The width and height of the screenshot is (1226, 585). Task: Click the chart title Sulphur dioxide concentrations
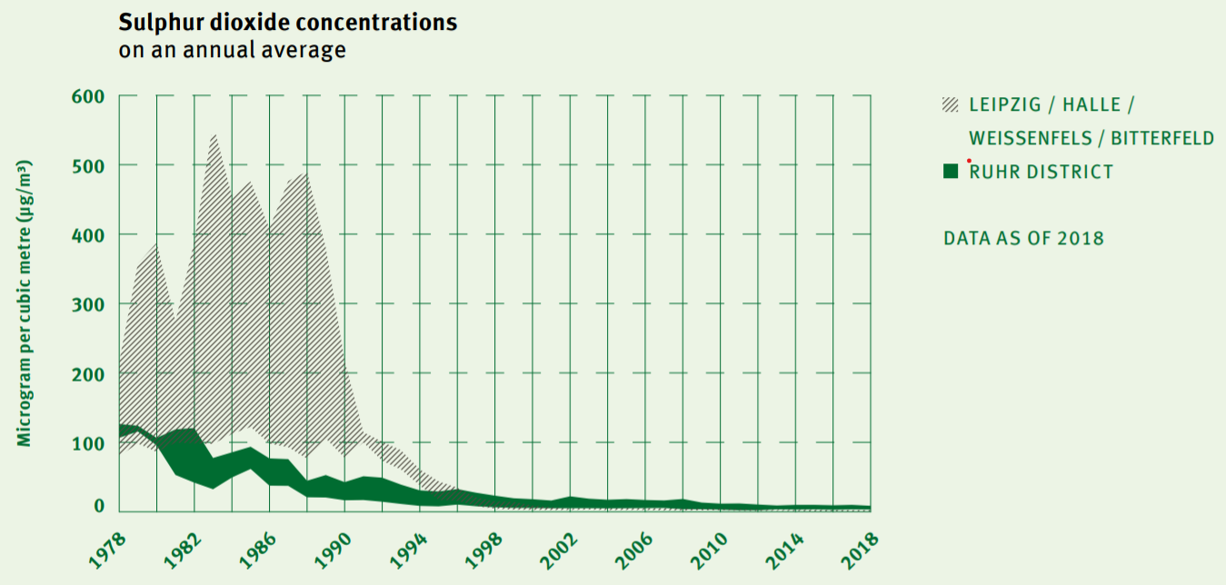tap(287, 23)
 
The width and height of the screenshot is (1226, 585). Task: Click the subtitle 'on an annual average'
tap(232, 50)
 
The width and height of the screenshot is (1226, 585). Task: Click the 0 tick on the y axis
tap(98, 507)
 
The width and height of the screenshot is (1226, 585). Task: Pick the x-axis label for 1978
tap(107, 550)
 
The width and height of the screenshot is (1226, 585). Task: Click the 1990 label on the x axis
tap(334, 550)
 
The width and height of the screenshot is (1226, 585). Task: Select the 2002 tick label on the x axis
tap(559, 550)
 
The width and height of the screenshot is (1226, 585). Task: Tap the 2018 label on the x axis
tap(860, 550)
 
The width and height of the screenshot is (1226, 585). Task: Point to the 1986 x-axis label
tap(258, 550)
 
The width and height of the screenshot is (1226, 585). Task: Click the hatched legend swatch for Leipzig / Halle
tap(951, 105)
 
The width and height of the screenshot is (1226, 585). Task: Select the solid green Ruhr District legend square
tap(951, 172)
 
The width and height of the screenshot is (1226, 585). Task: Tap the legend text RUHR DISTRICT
tap(1041, 172)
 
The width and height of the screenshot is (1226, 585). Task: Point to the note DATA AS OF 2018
tap(1023, 239)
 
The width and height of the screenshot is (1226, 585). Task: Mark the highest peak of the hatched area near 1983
tap(214, 135)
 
